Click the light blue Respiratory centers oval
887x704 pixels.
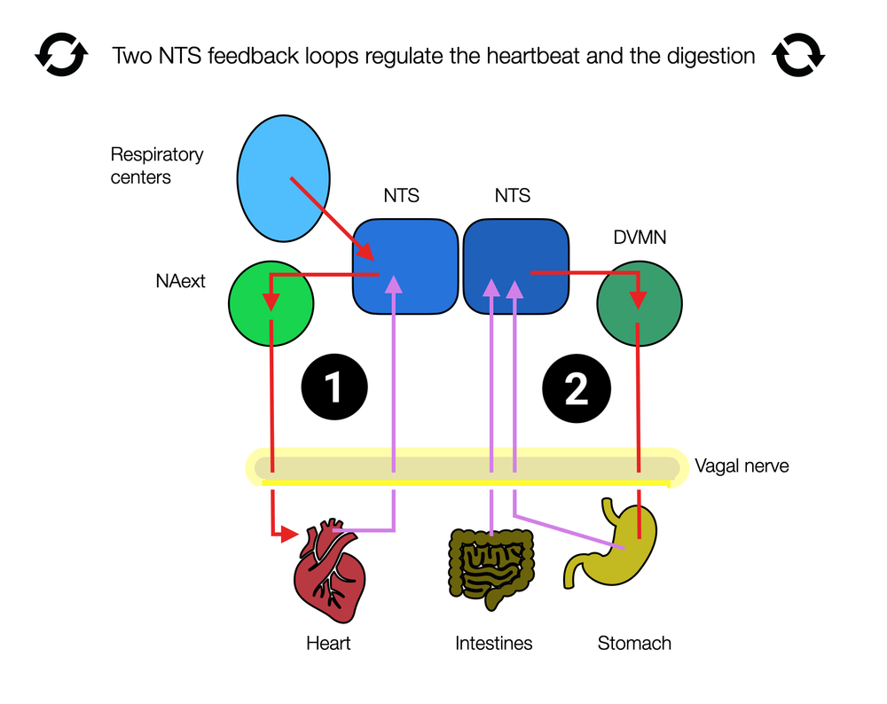tap(284, 179)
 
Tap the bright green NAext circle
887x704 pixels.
tap(271, 303)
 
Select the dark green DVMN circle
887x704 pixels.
tap(640, 303)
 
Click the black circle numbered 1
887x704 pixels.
tap(334, 387)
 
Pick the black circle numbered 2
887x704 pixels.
tap(577, 388)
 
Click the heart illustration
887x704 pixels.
tap(330, 570)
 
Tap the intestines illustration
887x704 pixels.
tap(491, 569)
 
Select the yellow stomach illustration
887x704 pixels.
tap(611, 544)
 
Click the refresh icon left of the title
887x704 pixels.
tap(62, 55)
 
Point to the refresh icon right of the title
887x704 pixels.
tap(798, 55)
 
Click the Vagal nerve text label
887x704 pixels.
tap(742, 466)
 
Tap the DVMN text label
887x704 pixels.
tap(640, 237)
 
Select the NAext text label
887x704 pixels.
tap(180, 281)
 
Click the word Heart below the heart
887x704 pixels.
tap(328, 643)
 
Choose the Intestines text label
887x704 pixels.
tap(494, 643)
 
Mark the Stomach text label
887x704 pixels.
tap(634, 643)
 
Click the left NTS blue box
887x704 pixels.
tap(405, 266)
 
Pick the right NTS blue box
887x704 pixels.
tap(516, 266)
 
